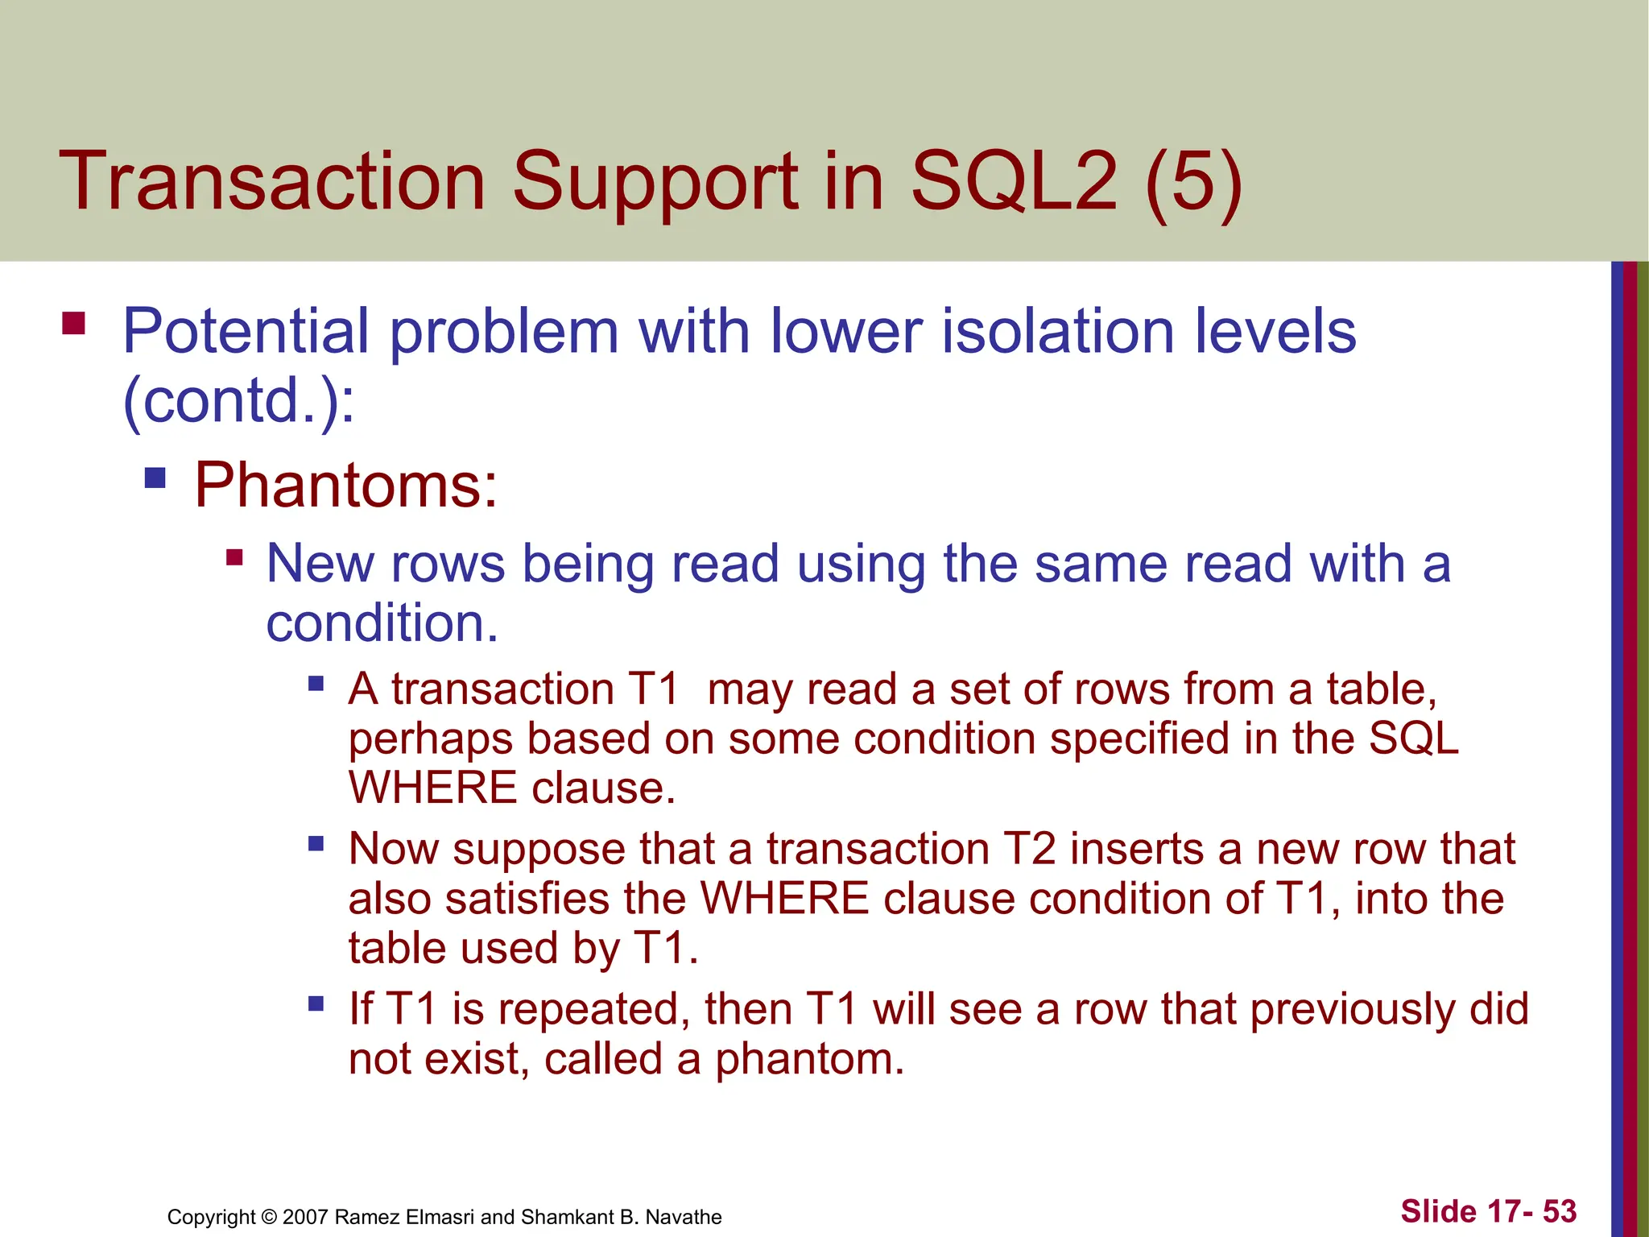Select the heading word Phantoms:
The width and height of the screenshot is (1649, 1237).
click(346, 486)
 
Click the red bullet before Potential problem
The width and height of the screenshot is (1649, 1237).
click(73, 324)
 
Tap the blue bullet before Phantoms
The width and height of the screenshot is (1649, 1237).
click(155, 478)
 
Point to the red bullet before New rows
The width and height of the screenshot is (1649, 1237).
click(234, 557)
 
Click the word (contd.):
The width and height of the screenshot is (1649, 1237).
click(238, 400)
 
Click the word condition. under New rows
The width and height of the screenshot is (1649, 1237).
click(382, 623)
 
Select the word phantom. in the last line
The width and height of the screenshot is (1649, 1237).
click(810, 1059)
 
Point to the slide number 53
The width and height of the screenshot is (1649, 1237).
click(1560, 1211)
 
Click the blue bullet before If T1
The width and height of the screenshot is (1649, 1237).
click(316, 1004)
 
